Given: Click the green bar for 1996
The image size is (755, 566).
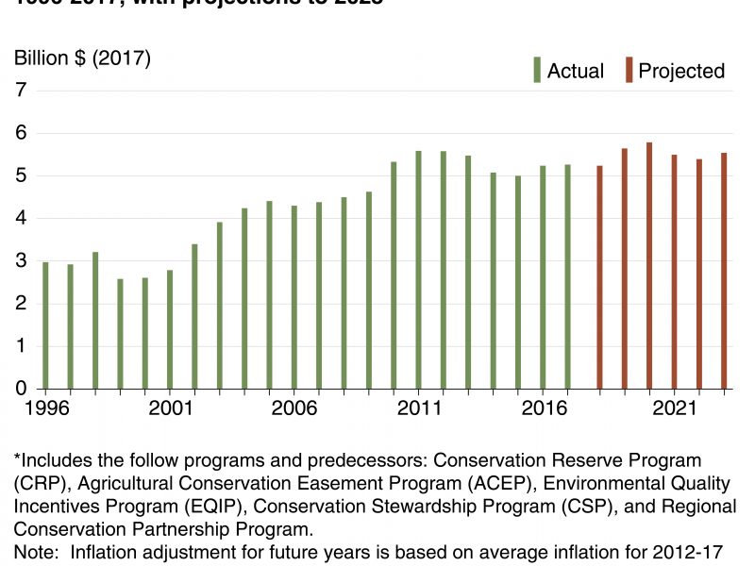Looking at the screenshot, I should tap(45, 325).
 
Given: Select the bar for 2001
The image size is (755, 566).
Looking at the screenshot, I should tap(170, 329).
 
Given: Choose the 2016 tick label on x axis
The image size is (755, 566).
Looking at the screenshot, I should tap(543, 408).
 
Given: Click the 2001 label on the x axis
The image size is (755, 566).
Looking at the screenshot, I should tap(170, 408).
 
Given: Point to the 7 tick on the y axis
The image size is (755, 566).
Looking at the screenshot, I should tap(20, 91).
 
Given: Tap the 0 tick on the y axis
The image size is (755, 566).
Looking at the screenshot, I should tap(20, 388).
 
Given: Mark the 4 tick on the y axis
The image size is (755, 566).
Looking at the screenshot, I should tap(20, 218).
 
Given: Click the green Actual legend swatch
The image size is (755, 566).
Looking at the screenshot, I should tap(537, 70).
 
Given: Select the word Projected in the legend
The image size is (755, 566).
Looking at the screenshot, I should tap(681, 71).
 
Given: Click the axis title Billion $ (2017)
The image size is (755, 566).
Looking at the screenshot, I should tap(82, 58).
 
